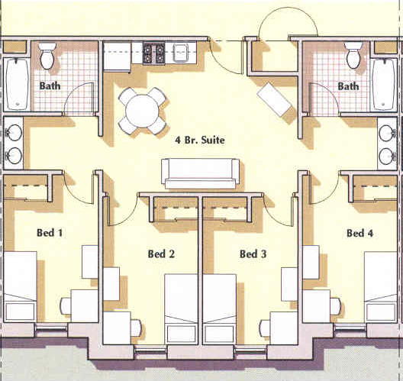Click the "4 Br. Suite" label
[200, 140]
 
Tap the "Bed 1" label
[50, 233]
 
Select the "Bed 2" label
[161, 254]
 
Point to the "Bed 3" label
[253, 254]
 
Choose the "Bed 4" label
[359, 233]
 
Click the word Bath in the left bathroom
[50, 86]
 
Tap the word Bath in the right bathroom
[348, 86]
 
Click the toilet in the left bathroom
[47, 56]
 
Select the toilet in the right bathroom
[353, 55]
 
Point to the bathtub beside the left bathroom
[18, 84]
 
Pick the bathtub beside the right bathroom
[384, 85]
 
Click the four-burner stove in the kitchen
[153, 53]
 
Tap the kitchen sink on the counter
[182, 53]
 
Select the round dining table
[142, 111]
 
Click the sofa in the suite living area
[200, 174]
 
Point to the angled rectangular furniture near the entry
[275, 99]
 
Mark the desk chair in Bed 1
[66, 305]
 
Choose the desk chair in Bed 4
[335, 306]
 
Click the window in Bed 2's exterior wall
[151, 350]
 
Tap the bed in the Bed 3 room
[220, 309]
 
